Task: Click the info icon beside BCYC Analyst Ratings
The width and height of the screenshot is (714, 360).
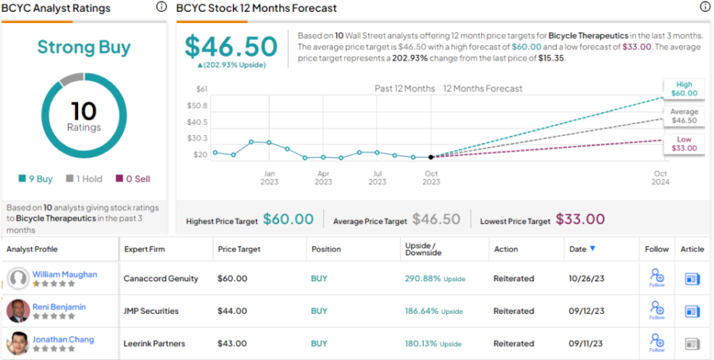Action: coord(161,7)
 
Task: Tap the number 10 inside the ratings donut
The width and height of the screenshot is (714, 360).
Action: coord(83,112)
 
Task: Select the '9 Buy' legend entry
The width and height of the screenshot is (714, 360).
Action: coord(36,179)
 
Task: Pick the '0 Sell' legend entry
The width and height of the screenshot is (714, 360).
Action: coord(132,179)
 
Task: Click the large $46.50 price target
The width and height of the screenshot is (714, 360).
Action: coord(231,47)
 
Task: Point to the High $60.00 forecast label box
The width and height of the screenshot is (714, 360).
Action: coord(684,89)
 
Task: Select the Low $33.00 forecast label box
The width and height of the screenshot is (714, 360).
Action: coord(684,144)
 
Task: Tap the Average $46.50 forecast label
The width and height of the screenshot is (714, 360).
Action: coord(684,116)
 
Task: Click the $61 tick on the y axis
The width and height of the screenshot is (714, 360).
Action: coord(202,89)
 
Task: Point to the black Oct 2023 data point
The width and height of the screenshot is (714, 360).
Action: coord(431,157)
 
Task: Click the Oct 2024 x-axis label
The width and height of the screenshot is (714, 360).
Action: coord(660,178)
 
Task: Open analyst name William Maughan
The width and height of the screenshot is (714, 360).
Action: coord(65,274)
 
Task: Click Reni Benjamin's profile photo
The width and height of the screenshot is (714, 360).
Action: coord(18,311)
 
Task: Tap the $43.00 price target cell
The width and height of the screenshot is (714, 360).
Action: coord(232,344)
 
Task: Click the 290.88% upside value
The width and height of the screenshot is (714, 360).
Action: coord(422,278)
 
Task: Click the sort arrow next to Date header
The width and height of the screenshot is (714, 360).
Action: coord(593,249)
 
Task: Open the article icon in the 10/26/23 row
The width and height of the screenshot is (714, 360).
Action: coord(692,278)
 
